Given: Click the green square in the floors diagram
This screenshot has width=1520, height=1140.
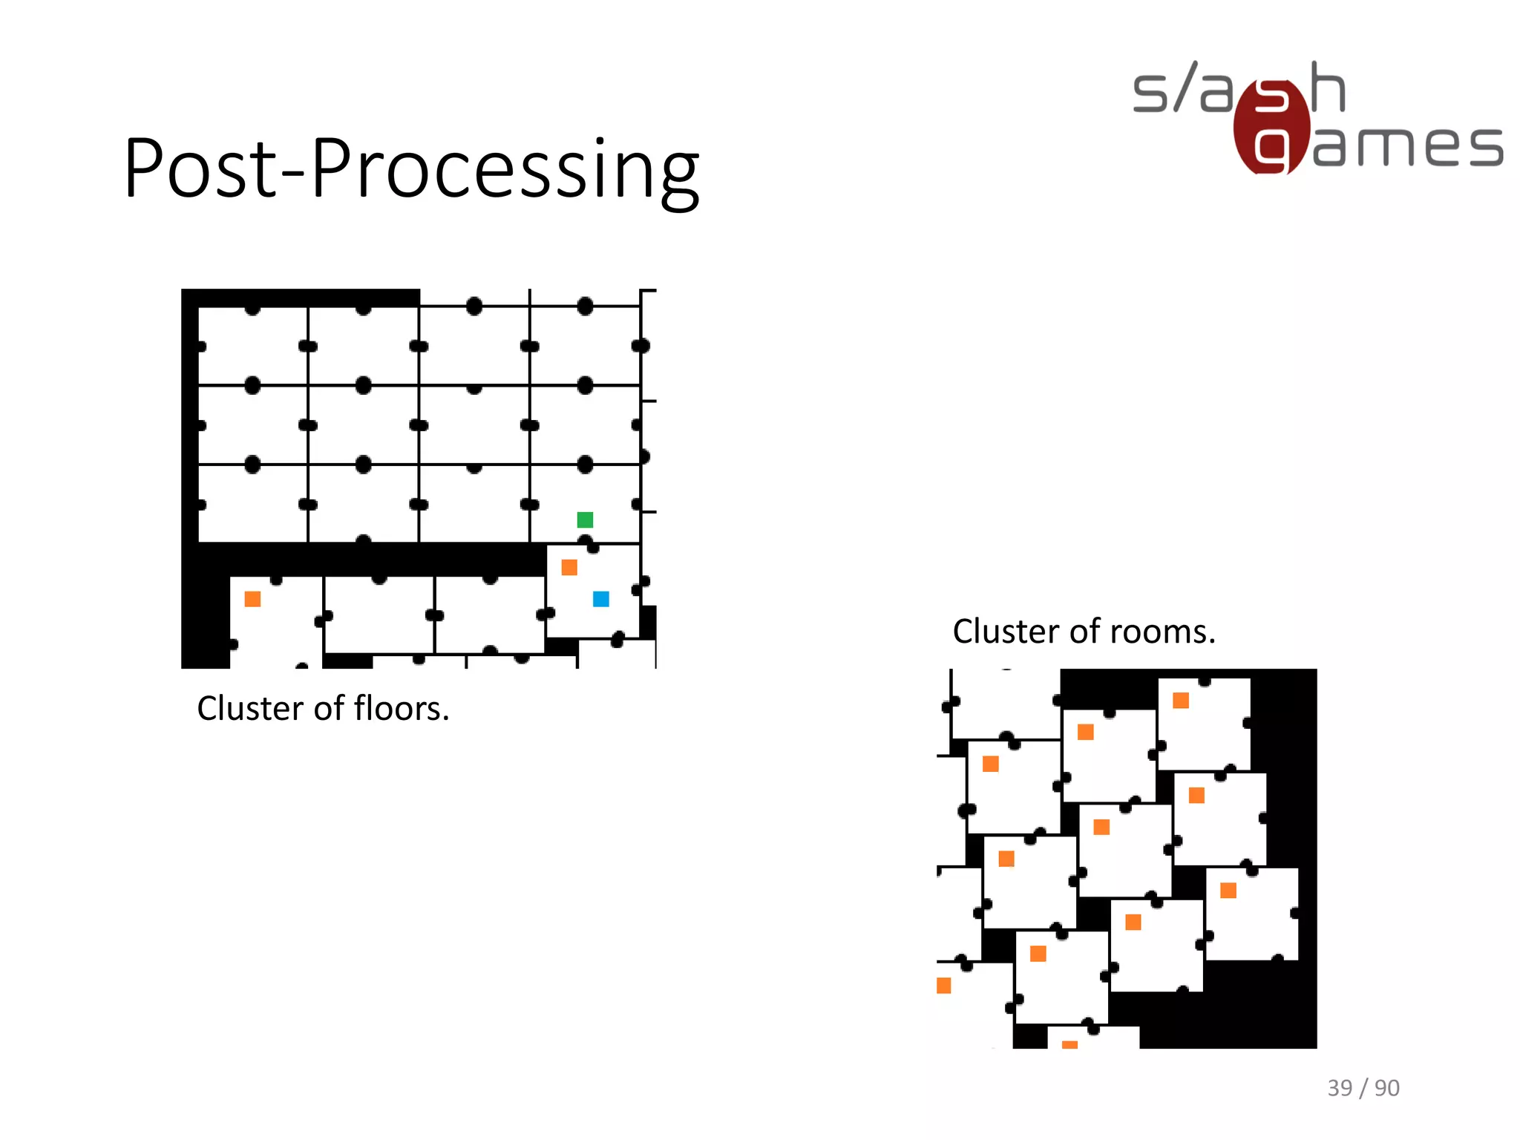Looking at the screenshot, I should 585,520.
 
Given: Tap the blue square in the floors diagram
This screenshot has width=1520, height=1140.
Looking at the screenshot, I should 601,599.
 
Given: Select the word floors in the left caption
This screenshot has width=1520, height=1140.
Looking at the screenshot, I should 402,709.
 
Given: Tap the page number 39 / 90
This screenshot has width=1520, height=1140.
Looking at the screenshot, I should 1363,1088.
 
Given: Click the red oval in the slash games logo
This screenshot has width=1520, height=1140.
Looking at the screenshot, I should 1271,126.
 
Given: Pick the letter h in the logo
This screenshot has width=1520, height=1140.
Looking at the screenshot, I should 1328,88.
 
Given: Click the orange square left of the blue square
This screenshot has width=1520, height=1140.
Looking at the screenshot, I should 569,568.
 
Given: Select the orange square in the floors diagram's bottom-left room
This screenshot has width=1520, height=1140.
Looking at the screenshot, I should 252,599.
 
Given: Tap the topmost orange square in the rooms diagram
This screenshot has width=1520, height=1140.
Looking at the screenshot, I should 1181,701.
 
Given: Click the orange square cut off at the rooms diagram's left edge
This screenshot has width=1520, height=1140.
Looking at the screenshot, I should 943,986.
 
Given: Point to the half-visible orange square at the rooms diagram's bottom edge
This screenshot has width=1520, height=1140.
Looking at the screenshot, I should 1069,1045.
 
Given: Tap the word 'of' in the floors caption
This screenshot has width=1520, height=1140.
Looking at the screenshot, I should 329,709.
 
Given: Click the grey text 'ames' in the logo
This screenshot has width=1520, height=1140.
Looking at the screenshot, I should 1408,146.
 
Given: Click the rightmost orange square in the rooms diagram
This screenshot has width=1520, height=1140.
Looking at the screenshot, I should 1228,891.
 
